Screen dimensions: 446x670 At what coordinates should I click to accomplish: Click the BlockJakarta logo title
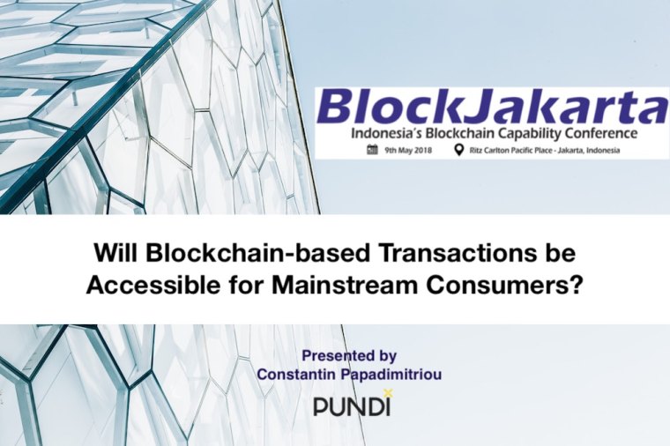(491, 109)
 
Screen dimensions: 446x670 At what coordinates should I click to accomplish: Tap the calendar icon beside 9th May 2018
(372, 150)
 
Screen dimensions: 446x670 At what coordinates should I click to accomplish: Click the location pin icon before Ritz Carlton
(458, 150)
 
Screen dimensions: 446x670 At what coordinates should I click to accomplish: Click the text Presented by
(349, 357)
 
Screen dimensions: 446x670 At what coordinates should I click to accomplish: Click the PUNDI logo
(351, 405)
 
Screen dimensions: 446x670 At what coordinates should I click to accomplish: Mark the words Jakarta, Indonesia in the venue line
(604, 151)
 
